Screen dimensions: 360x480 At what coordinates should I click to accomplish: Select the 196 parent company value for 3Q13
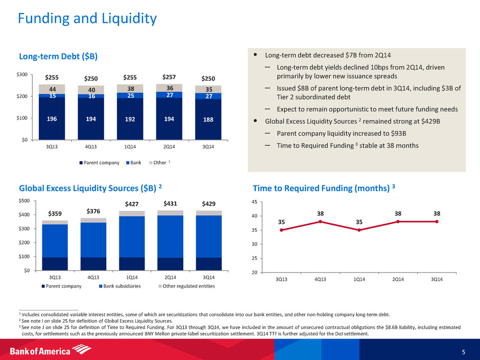[52, 119]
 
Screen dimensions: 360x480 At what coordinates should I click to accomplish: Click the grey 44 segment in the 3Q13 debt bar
[52, 89]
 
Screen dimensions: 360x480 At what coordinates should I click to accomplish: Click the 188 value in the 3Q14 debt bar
[208, 120]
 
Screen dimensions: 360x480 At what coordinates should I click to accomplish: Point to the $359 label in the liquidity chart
[55, 213]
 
